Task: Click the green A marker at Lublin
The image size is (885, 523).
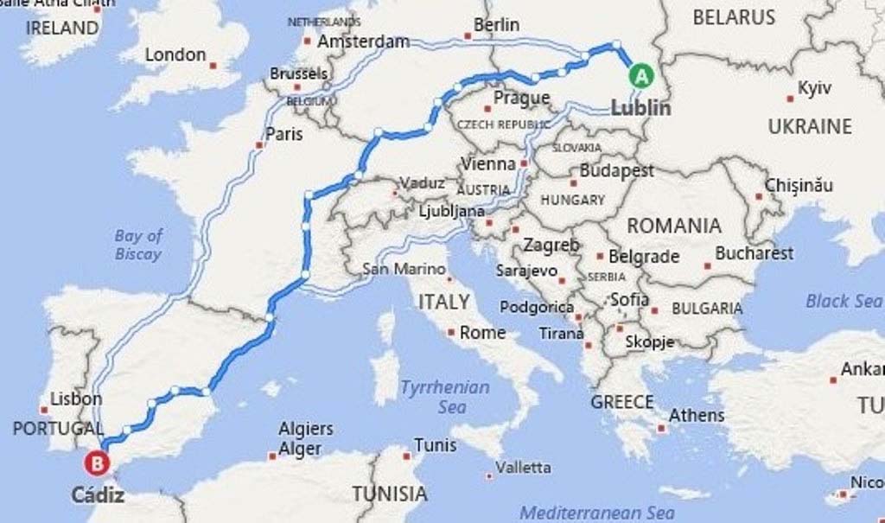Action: tap(640, 76)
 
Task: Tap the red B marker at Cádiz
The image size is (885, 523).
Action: tap(97, 464)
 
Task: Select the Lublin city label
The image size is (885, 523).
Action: tap(640, 108)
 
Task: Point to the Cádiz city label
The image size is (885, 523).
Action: tap(98, 495)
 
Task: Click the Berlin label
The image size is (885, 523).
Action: tap(496, 25)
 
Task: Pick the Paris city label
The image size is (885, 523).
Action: tap(284, 134)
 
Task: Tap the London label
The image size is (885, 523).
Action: tap(175, 55)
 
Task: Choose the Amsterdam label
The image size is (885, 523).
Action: tap(363, 41)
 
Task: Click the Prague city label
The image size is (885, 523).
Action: tap(521, 98)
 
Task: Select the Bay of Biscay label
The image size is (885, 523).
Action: tap(138, 245)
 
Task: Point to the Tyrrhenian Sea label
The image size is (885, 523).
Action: tap(444, 397)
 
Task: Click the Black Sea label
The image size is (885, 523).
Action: tap(843, 301)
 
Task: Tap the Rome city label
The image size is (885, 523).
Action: tap(482, 332)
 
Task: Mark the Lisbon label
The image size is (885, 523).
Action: tap(76, 399)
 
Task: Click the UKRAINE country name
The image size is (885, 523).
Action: tap(810, 126)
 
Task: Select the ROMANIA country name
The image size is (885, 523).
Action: tap(673, 226)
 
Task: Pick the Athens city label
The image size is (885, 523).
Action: tap(697, 415)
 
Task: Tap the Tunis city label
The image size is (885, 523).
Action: tap(435, 445)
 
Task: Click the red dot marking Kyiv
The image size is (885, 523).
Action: tap(790, 98)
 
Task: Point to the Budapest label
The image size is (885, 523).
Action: tap(616, 171)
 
